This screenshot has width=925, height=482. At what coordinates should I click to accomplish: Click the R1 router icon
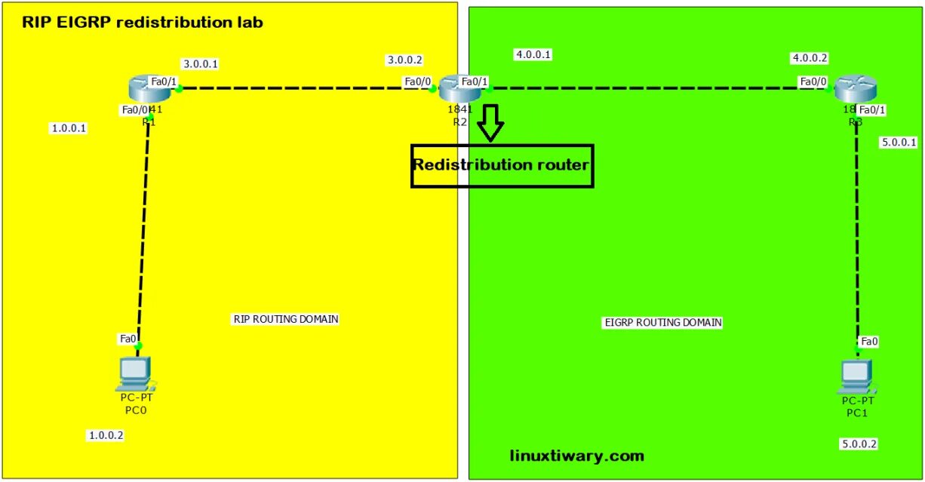pyautogui.click(x=149, y=90)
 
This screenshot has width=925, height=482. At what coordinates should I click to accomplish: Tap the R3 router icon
pyautogui.click(x=856, y=89)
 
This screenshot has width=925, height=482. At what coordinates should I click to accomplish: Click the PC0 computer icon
pyautogui.click(x=136, y=373)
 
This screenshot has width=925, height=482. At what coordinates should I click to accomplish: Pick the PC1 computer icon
pyautogui.click(x=856, y=376)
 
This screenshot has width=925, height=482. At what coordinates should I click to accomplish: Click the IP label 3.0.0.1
pyautogui.click(x=200, y=63)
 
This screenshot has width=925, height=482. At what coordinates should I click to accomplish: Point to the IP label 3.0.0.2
pyautogui.click(x=405, y=60)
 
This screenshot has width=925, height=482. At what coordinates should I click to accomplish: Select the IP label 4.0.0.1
pyautogui.click(x=533, y=54)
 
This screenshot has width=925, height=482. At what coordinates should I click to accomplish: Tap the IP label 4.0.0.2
pyautogui.click(x=810, y=58)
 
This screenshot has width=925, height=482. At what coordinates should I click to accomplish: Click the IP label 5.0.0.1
pyautogui.click(x=899, y=142)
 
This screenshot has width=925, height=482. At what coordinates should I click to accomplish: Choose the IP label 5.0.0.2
pyautogui.click(x=859, y=444)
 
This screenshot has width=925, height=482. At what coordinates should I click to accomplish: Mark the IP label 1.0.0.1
pyautogui.click(x=69, y=128)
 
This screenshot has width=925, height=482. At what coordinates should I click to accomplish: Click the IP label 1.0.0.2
pyautogui.click(x=106, y=435)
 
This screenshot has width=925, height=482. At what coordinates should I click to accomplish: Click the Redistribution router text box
pyautogui.click(x=502, y=165)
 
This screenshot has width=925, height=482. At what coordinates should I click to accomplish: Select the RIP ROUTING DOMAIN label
pyautogui.click(x=285, y=319)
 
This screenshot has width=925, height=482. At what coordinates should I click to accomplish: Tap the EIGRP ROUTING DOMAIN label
pyautogui.click(x=662, y=322)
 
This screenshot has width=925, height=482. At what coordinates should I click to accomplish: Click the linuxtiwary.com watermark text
pyautogui.click(x=576, y=456)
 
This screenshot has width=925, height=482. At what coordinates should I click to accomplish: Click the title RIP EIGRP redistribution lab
pyautogui.click(x=143, y=22)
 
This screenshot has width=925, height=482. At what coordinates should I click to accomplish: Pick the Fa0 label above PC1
pyautogui.click(x=869, y=342)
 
